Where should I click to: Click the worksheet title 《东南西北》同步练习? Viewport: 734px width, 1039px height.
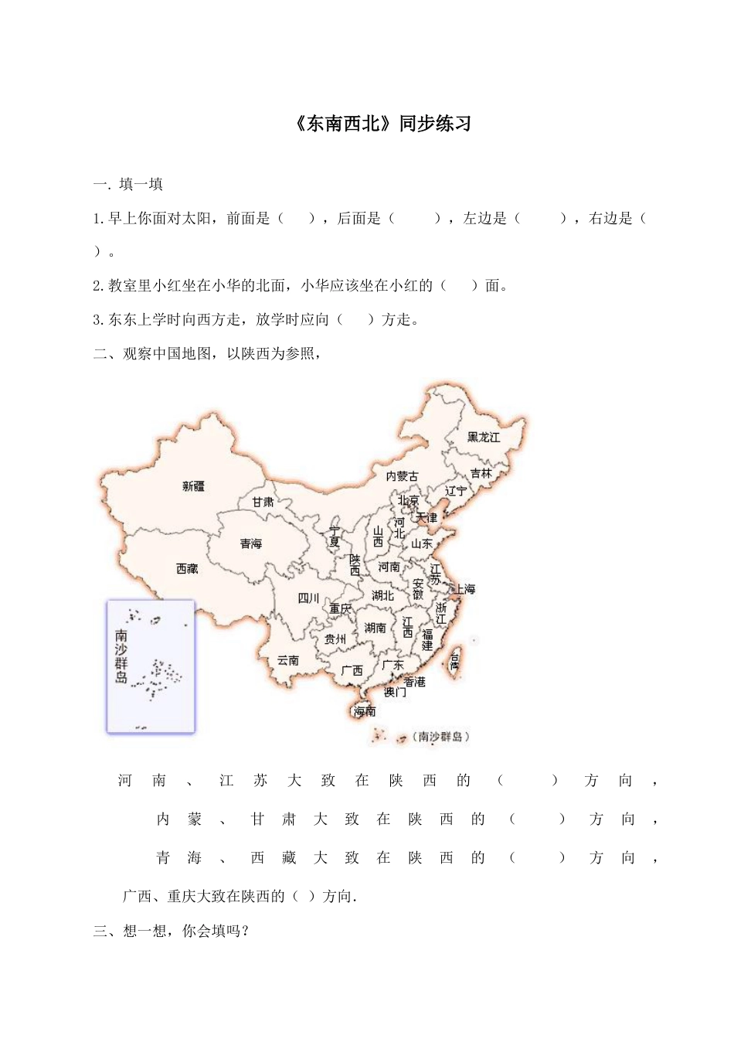click(383, 124)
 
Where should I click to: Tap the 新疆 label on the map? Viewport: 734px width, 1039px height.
click(194, 486)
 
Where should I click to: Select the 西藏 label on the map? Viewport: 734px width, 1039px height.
click(187, 569)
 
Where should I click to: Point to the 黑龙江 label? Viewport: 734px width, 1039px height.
click(484, 438)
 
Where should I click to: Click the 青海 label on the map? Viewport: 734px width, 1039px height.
click(251, 544)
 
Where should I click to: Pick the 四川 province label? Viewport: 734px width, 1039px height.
click(308, 598)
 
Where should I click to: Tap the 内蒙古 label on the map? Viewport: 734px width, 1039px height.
click(402, 476)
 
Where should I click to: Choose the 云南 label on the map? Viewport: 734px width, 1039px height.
click(288, 660)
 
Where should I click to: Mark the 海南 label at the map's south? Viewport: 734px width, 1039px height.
click(365, 710)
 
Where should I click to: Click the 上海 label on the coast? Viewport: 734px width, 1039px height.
click(465, 589)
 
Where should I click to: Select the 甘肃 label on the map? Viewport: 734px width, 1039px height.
click(263, 502)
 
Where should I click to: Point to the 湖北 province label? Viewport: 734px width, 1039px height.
click(382, 596)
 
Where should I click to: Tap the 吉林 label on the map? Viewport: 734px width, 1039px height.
click(481, 473)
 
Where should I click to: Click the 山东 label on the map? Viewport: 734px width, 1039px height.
click(422, 543)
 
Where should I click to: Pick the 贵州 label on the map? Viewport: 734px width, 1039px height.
click(335, 639)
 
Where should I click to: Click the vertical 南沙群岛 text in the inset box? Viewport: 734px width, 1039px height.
click(121, 657)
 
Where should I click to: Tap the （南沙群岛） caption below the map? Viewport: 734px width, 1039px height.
click(440, 737)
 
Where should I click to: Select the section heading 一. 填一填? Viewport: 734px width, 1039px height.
click(127, 184)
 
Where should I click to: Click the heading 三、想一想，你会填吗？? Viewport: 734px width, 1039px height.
click(172, 931)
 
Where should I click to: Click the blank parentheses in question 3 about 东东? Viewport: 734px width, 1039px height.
click(355, 319)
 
